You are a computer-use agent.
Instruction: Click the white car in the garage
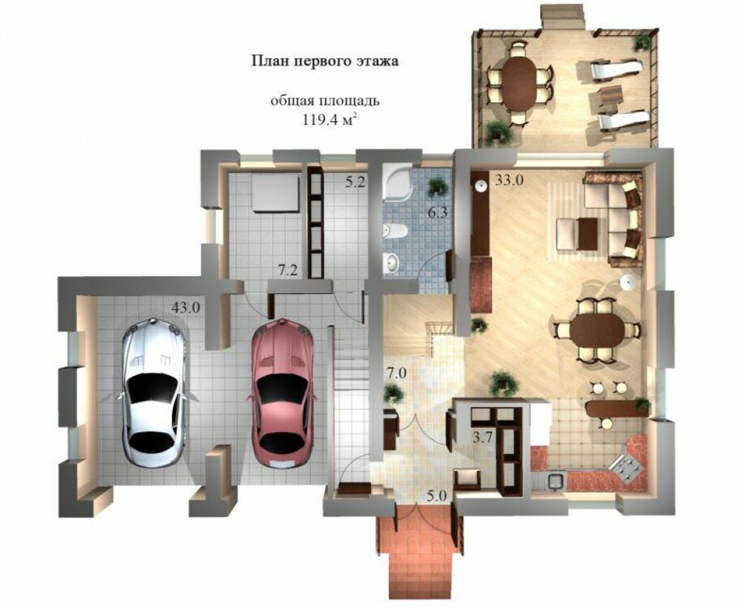pyautogui.click(x=153, y=393)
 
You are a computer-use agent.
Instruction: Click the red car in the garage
pyautogui.click(x=283, y=394)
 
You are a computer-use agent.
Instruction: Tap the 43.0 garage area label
pyautogui.click(x=185, y=308)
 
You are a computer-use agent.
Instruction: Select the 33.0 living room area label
pyautogui.click(x=509, y=180)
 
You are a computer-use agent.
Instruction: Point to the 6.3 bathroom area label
pyautogui.click(x=438, y=213)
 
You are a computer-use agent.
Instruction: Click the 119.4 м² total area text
pyautogui.click(x=329, y=119)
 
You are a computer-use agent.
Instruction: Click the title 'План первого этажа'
pyautogui.click(x=325, y=62)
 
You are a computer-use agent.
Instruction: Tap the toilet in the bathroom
pyautogui.click(x=395, y=231)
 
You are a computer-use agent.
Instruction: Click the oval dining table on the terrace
pyautogui.click(x=520, y=84)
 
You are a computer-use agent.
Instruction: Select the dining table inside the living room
pyautogui.click(x=598, y=330)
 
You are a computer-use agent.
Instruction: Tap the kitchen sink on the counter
pyautogui.click(x=555, y=482)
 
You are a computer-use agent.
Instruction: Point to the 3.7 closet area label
pyautogui.click(x=484, y=438)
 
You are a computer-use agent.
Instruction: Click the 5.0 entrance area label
pyautogui.click(x=436, y=496)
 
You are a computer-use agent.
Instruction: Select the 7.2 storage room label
pyautogui.click(x=287, y=271)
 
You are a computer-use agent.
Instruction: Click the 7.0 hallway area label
pyautogui.click(x=396, y=374)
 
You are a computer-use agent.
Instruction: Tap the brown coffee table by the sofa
pyautogui.click(x=588, y=232)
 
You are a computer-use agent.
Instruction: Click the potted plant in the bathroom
pyautogui.click(x=438, y=188)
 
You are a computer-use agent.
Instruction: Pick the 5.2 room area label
pyautogui.click(x=355, y=182)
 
